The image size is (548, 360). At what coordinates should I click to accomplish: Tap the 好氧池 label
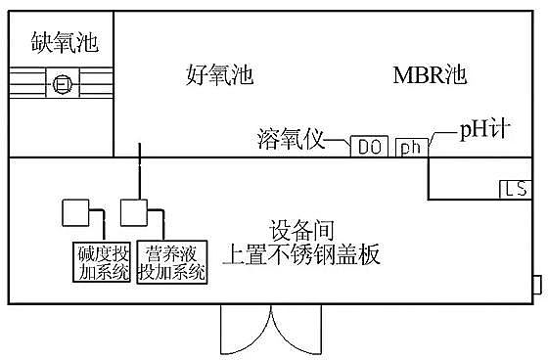tap(219, 74)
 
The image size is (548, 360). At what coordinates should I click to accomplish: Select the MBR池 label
tap(432, 74)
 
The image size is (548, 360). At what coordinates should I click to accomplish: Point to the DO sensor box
tap(369, 147)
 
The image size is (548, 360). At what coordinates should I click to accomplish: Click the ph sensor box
tap(409, 147)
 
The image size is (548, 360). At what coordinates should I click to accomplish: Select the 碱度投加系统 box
tap(104, 262)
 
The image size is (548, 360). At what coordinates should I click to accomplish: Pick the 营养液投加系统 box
tap(172, 262)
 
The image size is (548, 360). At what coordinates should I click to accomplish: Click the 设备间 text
tap(301, 229)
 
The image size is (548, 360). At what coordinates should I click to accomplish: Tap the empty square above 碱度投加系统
tap(74, 212)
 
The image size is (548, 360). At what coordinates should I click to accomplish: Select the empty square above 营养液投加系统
tap(132, 212)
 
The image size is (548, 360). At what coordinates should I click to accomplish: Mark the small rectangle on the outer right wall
tap(536, 285)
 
